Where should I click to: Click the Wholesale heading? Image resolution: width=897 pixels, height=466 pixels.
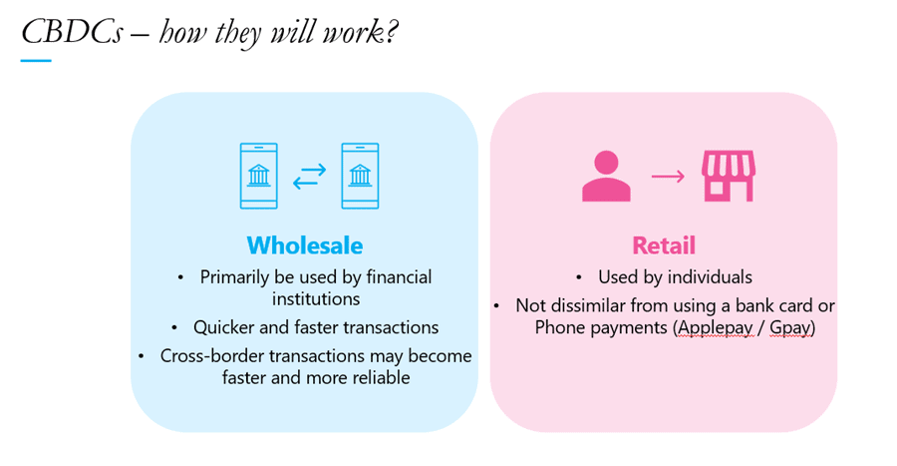point(305,245)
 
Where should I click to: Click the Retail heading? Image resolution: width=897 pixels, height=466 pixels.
point(664,245)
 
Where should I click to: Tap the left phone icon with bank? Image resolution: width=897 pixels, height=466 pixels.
point(258,176)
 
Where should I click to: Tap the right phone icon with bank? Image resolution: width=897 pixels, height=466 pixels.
point(360,176)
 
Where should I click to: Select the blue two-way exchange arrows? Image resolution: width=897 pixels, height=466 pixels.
point(310,177)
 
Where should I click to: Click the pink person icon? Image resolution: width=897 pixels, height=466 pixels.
point(606,176)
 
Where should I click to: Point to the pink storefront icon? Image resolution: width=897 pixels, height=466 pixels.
point(729,176)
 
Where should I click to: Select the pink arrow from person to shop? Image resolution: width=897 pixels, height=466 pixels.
point(668,176)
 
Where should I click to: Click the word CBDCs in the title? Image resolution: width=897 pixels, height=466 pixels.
point(72,32)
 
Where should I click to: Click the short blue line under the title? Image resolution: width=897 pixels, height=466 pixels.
point(36,60)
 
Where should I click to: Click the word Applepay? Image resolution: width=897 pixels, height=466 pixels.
point(715,327)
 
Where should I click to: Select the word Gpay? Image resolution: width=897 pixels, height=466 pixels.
point(790,327)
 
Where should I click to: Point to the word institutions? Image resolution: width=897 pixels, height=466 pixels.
point(316,298)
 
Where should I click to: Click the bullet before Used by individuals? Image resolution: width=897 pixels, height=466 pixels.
point(579,277)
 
